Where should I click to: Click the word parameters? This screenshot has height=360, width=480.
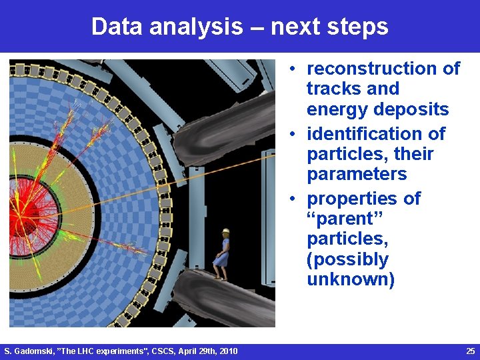357,175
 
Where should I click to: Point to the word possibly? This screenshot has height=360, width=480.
347,259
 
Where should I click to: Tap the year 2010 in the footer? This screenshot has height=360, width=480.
226,351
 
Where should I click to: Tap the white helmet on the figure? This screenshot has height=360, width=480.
225,231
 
